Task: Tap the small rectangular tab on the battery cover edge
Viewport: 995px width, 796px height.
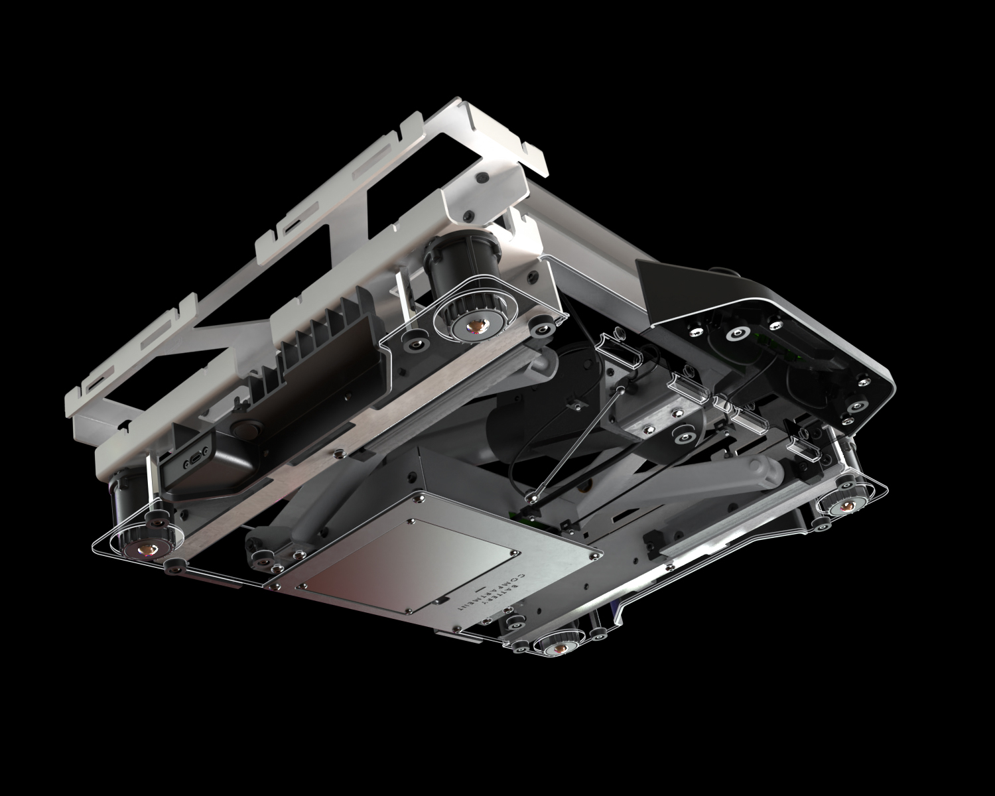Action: point(438,601)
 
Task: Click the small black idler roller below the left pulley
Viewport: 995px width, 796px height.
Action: point(175,566)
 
